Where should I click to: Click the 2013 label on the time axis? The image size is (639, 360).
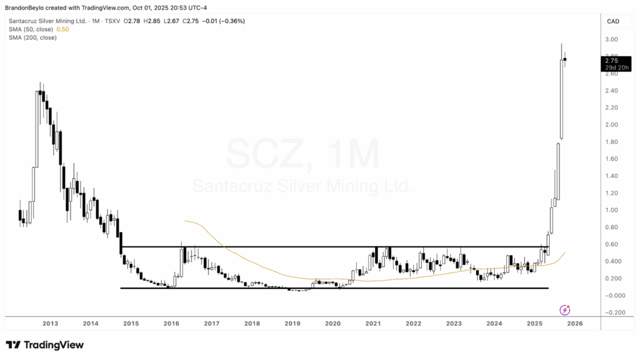(51, 323)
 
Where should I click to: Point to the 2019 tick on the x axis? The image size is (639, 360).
(293, 323)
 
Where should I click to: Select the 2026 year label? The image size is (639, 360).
(575, 323)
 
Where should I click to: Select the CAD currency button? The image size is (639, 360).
(613, 21)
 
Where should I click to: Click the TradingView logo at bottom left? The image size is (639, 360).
(44, 344)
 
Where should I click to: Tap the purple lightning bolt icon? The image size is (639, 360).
(565, 309)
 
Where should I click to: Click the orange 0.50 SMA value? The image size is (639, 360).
(62, 29)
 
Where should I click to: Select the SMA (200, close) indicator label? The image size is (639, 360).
(32, 37)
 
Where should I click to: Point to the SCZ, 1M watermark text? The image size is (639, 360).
(302, 153)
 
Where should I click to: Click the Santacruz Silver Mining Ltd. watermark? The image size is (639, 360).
(302, 186)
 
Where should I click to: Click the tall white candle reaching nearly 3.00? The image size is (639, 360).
(562, 94)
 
